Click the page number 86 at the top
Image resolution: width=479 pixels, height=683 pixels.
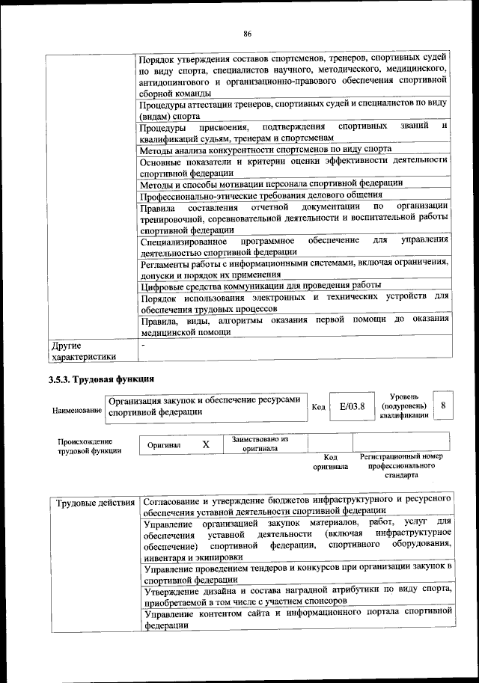(246, 33)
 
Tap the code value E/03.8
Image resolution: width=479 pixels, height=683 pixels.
(351, 407)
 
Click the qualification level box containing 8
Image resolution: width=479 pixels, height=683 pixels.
(444, 405)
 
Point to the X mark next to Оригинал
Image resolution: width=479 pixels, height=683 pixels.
(206, 444)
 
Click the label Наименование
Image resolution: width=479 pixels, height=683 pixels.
(77, 411)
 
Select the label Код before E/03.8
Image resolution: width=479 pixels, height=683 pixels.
(318, 407)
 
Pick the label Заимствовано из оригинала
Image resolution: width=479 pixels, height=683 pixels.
(260, 444)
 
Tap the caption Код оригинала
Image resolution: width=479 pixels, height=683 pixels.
(330, 462)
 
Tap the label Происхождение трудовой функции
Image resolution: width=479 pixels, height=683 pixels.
(84, 446)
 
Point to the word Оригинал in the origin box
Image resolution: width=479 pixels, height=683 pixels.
(164, 445)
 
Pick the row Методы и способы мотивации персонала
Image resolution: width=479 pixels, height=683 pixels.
(271, 183)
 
